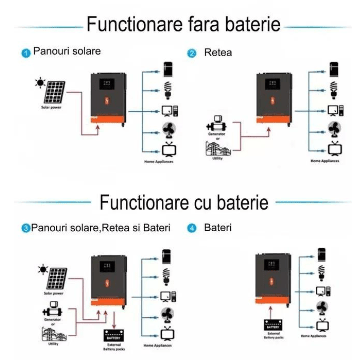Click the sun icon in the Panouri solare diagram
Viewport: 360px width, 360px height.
pos(40,82)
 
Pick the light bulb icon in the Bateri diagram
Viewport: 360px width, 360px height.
pos(321,272)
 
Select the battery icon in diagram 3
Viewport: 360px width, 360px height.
pos(114,334)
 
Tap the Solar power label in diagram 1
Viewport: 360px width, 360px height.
pos(51,108)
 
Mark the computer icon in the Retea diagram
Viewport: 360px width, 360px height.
pos(335,110)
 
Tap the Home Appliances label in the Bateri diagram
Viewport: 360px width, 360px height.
pos(314,336)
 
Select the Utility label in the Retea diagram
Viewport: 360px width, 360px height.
pos(217,158)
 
